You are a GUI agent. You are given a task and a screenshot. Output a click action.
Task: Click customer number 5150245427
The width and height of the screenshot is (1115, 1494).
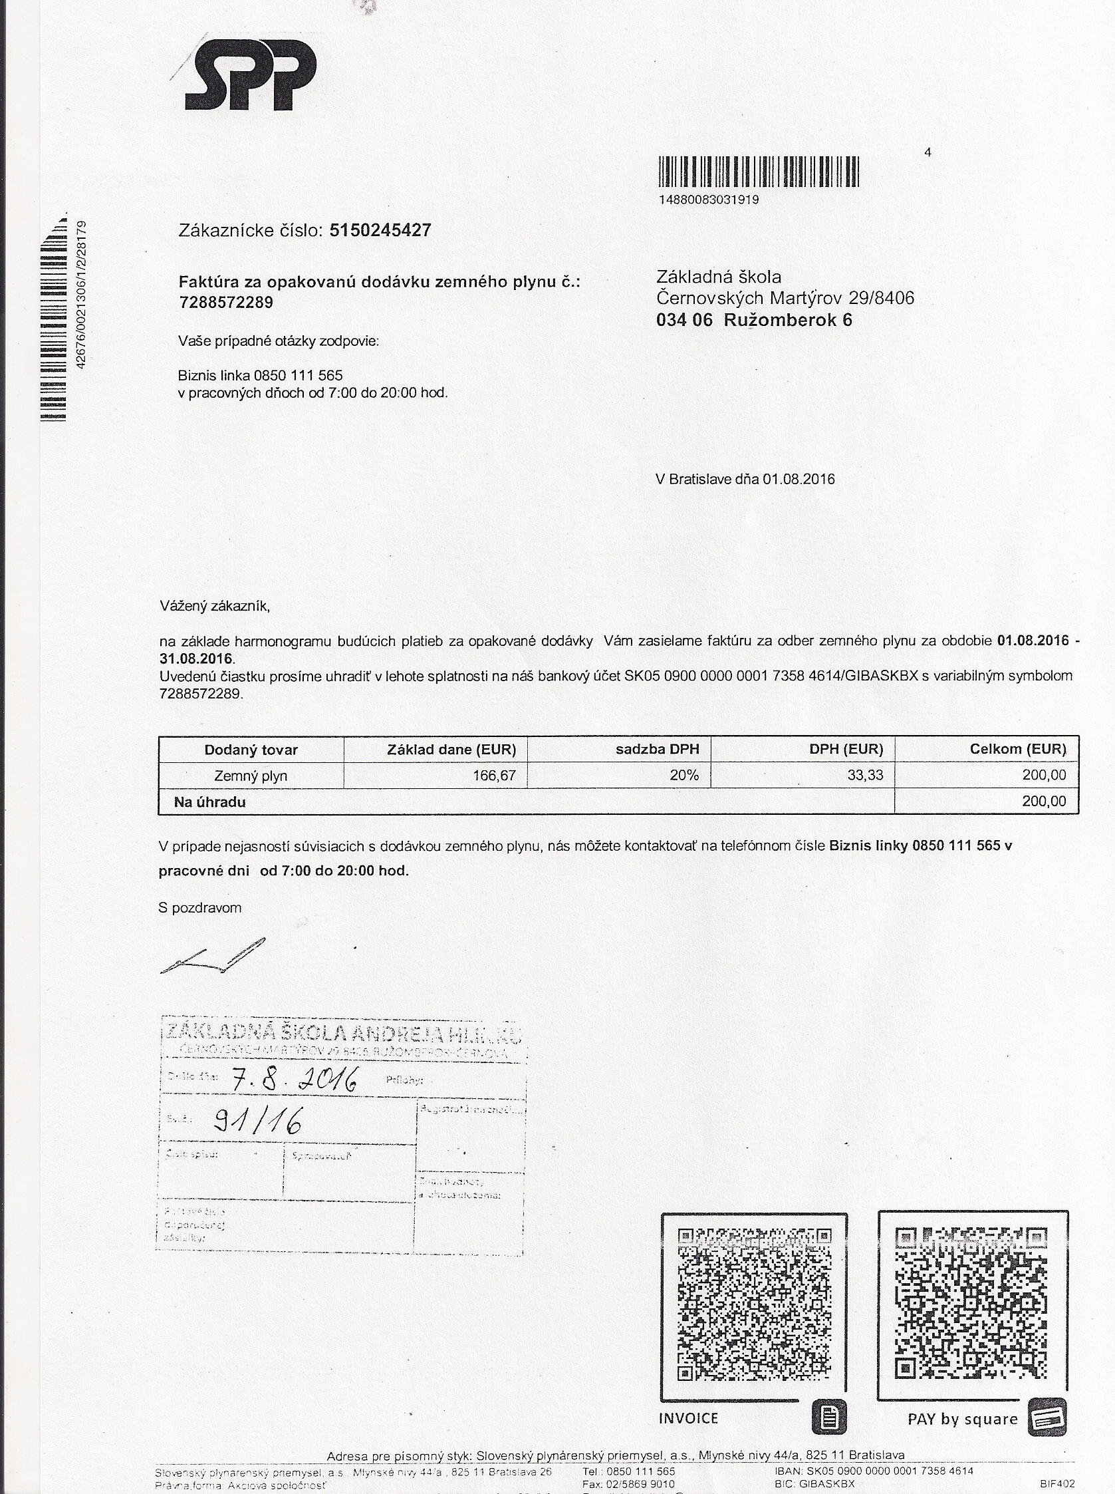click(x=380, y=231)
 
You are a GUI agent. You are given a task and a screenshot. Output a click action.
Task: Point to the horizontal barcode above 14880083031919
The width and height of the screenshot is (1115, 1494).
click(x=758, y=172)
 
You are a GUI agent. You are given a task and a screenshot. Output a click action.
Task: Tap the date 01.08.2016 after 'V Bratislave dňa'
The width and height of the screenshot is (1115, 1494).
click(x=799, y=480)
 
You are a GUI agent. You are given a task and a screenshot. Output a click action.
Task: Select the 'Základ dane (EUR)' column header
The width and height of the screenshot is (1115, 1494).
click(x=451, y=750)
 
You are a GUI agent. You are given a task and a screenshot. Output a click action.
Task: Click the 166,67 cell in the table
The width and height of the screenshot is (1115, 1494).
click(x=494, y=776)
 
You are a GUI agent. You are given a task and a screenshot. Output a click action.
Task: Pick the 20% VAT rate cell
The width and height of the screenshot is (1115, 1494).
click(x=683, y=776)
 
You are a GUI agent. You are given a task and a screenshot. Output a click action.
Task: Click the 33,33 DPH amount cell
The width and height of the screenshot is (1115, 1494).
click(x=864, y=776)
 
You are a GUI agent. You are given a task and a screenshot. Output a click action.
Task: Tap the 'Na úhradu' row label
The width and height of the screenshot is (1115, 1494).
click(x=210, y=803)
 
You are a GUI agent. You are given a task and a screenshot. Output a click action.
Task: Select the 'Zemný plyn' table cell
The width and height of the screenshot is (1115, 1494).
click(x=251, y=776)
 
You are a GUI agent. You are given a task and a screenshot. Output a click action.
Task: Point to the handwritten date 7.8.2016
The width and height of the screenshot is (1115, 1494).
click(x=294, y=1082)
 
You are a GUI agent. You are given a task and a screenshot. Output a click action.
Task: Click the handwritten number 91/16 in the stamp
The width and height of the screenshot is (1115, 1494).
click(x=257, y=1121)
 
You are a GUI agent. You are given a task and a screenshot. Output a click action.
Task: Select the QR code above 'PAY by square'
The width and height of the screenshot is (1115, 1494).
click(x=972, y=1303)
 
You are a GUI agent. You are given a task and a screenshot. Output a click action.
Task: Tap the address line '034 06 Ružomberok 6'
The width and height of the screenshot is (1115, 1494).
click(x=754, y=320)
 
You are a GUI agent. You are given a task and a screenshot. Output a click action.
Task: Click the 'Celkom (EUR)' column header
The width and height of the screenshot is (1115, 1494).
click(x=1018, y=750)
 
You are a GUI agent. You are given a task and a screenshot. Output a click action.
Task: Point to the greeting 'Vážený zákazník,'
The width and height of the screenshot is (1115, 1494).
click(x=215, y=606)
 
